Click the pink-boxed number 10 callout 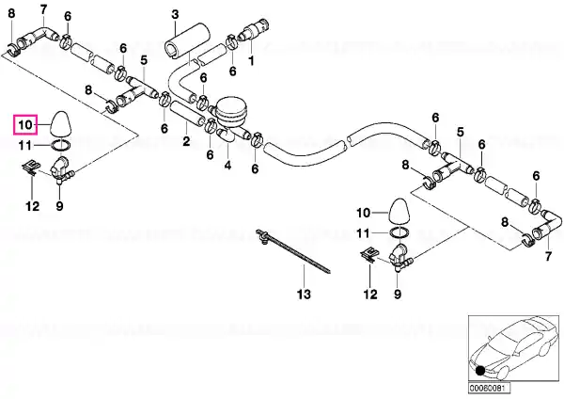click(x=25, y=124)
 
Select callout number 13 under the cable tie click(x=304, y=295)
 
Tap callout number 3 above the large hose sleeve click(x=175, y=15)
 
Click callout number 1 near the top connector click(x=251, y=60)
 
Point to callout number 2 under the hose click(x=186, y=141)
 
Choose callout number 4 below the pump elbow click(x=227, y=166)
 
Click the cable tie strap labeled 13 click(x=292, y=251)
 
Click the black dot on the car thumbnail click(x=479, y=371)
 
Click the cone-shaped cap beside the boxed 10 click(x=60, y=123)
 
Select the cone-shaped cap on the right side click(x=399, y=210)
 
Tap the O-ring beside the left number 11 click(x=60, y=146)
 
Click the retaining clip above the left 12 click(x=31, y=168)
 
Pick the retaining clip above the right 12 click(x=369, y=255)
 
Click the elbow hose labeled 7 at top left click(x=39, y=36)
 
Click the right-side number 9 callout click(x=397, y=295)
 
